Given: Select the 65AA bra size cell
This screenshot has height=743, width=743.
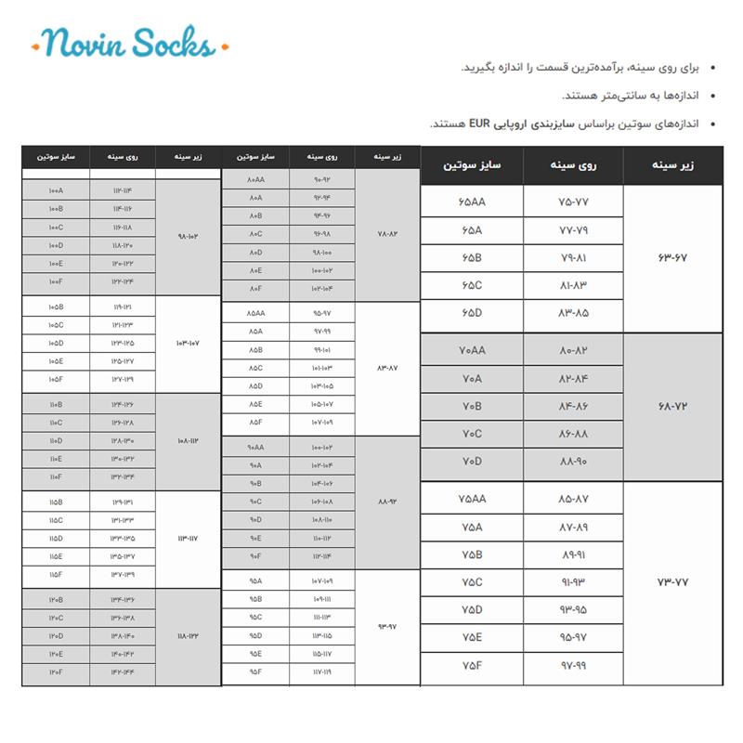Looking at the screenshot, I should click(x=472, y=202).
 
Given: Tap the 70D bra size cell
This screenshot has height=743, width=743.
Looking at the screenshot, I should click(x=472, y=462).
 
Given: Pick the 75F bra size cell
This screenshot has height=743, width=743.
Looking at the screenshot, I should click(x=472, y=665).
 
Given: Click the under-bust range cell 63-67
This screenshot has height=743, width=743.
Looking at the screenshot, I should click(x=672, y=257).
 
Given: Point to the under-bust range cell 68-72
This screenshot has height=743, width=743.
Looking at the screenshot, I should click(x=672, y=407).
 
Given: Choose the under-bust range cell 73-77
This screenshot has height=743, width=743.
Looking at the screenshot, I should click(x=672, y=582).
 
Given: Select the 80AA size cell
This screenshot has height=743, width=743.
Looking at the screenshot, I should click(x=255, y=179).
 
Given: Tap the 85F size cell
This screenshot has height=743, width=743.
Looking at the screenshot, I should click(x=255, y=422).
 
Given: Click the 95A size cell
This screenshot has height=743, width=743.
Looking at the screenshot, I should click(x=255, y=581).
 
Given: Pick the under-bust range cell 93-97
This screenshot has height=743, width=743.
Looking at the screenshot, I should click(x=387, y=627).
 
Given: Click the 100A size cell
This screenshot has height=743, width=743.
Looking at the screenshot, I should click(x=56, y=190).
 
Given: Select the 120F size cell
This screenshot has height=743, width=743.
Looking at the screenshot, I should click(x=56, y=671).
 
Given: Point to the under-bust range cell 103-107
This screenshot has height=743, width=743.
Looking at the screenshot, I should click(x=188, y=344).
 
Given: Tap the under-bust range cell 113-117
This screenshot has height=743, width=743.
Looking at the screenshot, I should click(x=188, y=538).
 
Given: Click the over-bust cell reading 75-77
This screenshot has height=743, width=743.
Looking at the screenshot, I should click(x=574, y=202).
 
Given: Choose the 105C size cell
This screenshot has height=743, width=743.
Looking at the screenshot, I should click(x=56, y=325).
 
